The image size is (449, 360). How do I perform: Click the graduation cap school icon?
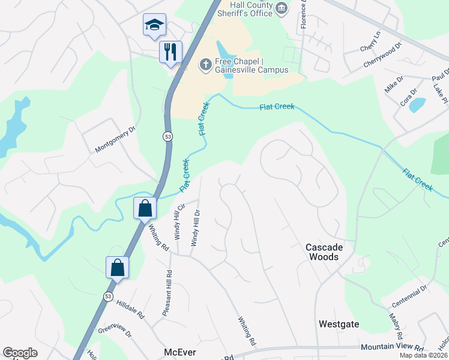pos(154,26)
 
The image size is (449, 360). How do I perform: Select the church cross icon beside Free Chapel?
pos(205,64)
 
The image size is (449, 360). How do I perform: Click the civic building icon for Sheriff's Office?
pos(282,7)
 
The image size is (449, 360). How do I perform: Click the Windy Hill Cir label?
pos(178,221)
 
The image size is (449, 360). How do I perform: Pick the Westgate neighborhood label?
pos(339,324)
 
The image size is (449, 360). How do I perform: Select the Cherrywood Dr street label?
pos(381,56)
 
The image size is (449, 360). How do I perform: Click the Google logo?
pos(20,353)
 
